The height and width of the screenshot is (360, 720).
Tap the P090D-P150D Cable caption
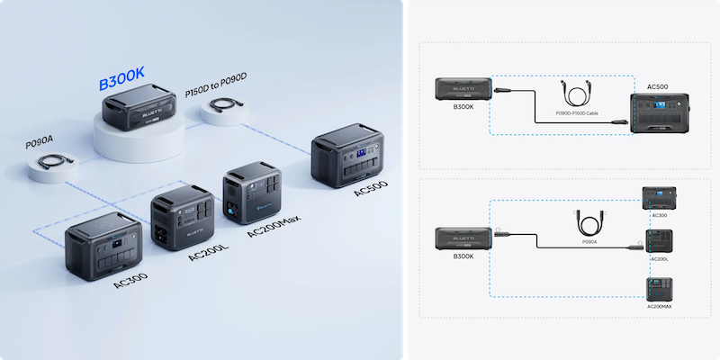[577, 113]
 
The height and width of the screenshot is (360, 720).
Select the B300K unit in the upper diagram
[463, 88]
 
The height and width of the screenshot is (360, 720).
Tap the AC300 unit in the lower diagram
[657, 198]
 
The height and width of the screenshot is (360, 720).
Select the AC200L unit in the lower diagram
[658, 241]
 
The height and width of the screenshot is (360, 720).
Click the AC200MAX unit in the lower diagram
[658, 288]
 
